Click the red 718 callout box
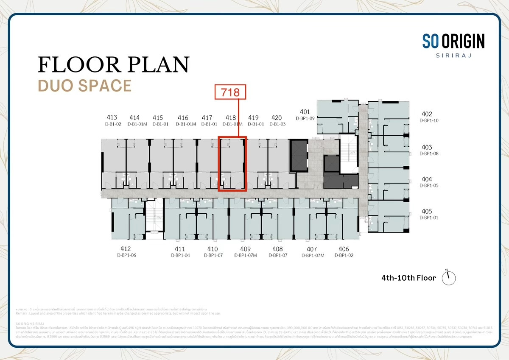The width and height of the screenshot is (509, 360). (230, 92)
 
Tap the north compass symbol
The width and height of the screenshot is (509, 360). (448, 278)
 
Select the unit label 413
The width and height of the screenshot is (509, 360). (112, 117)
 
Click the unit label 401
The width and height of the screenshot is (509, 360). (305, 112)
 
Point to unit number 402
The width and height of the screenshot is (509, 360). (427, 114)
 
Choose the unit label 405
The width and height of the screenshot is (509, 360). (427, 211)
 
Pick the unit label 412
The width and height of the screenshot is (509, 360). (125, 249)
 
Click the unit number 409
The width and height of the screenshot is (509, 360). (245, 249)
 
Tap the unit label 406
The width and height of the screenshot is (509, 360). (344, 249)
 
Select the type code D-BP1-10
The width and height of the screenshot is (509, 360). (429, 120)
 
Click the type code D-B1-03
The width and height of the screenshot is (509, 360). (277, 124)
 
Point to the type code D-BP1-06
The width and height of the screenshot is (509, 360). (126, 255)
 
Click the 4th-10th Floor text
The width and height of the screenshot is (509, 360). (408, 278)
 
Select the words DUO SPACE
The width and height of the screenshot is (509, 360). (84, 86)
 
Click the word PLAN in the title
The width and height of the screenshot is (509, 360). (159, 64)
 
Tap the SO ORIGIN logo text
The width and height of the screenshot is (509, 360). (453, 41)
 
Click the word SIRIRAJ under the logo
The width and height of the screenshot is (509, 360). (453, 55)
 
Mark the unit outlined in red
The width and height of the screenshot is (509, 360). (232, 164)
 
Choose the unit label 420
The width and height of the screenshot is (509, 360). (276, 117)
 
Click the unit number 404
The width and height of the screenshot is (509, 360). (427, 179)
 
